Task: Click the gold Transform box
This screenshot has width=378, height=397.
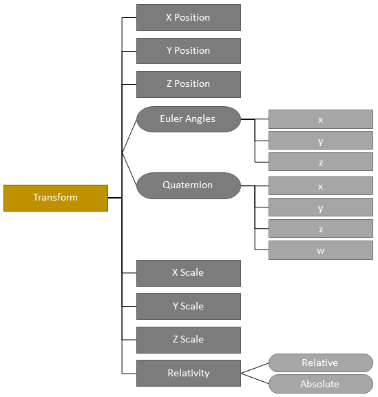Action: pyautogui.click(x=56, y=198)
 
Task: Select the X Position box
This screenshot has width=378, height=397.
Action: pyautogui.click(x=188, y=17)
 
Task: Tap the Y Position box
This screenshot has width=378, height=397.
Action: pyautogui.click(x=188, y=51)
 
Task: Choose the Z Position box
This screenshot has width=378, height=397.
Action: pyautogui.click(x=188, y=84)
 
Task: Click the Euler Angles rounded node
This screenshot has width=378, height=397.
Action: pyautogui.click(x=188, y=119)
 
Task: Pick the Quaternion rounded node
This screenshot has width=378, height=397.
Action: pyautogui.click(x=188, y=185)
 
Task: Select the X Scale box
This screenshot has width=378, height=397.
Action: pyautogui.click(x=188, y=273)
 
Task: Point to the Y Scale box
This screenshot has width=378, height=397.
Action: pyautogui.click(x=188, y=306)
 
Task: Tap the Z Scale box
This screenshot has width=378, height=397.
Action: pyautogui.click(x=188, y=340)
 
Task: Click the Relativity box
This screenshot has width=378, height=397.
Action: pyautogui.click(x=188, y=373)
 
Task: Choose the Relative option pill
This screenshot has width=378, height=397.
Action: pyautogui.click(x=320, y=363)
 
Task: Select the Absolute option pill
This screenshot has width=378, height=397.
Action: pyautogui.click(x=320, y=384)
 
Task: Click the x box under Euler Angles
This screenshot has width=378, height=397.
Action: pyautogui.click(x=320, y=119)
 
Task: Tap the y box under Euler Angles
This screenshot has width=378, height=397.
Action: pyautogui.click(x=320, y=141)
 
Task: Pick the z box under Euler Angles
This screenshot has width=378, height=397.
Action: pyautogui.click(x=320, y=162)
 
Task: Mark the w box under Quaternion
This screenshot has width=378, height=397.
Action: pyautogui.click(x=320, y=250)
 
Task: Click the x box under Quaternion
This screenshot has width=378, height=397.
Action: pyautogui.click(x=320, y=186)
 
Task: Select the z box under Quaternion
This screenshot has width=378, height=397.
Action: pyautogui.click(x=320, y=229)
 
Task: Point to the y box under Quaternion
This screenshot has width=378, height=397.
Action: pyautogui.click(x=320, y=207)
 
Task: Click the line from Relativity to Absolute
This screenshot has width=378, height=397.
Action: pyautogui.click(x=255, y=378)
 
